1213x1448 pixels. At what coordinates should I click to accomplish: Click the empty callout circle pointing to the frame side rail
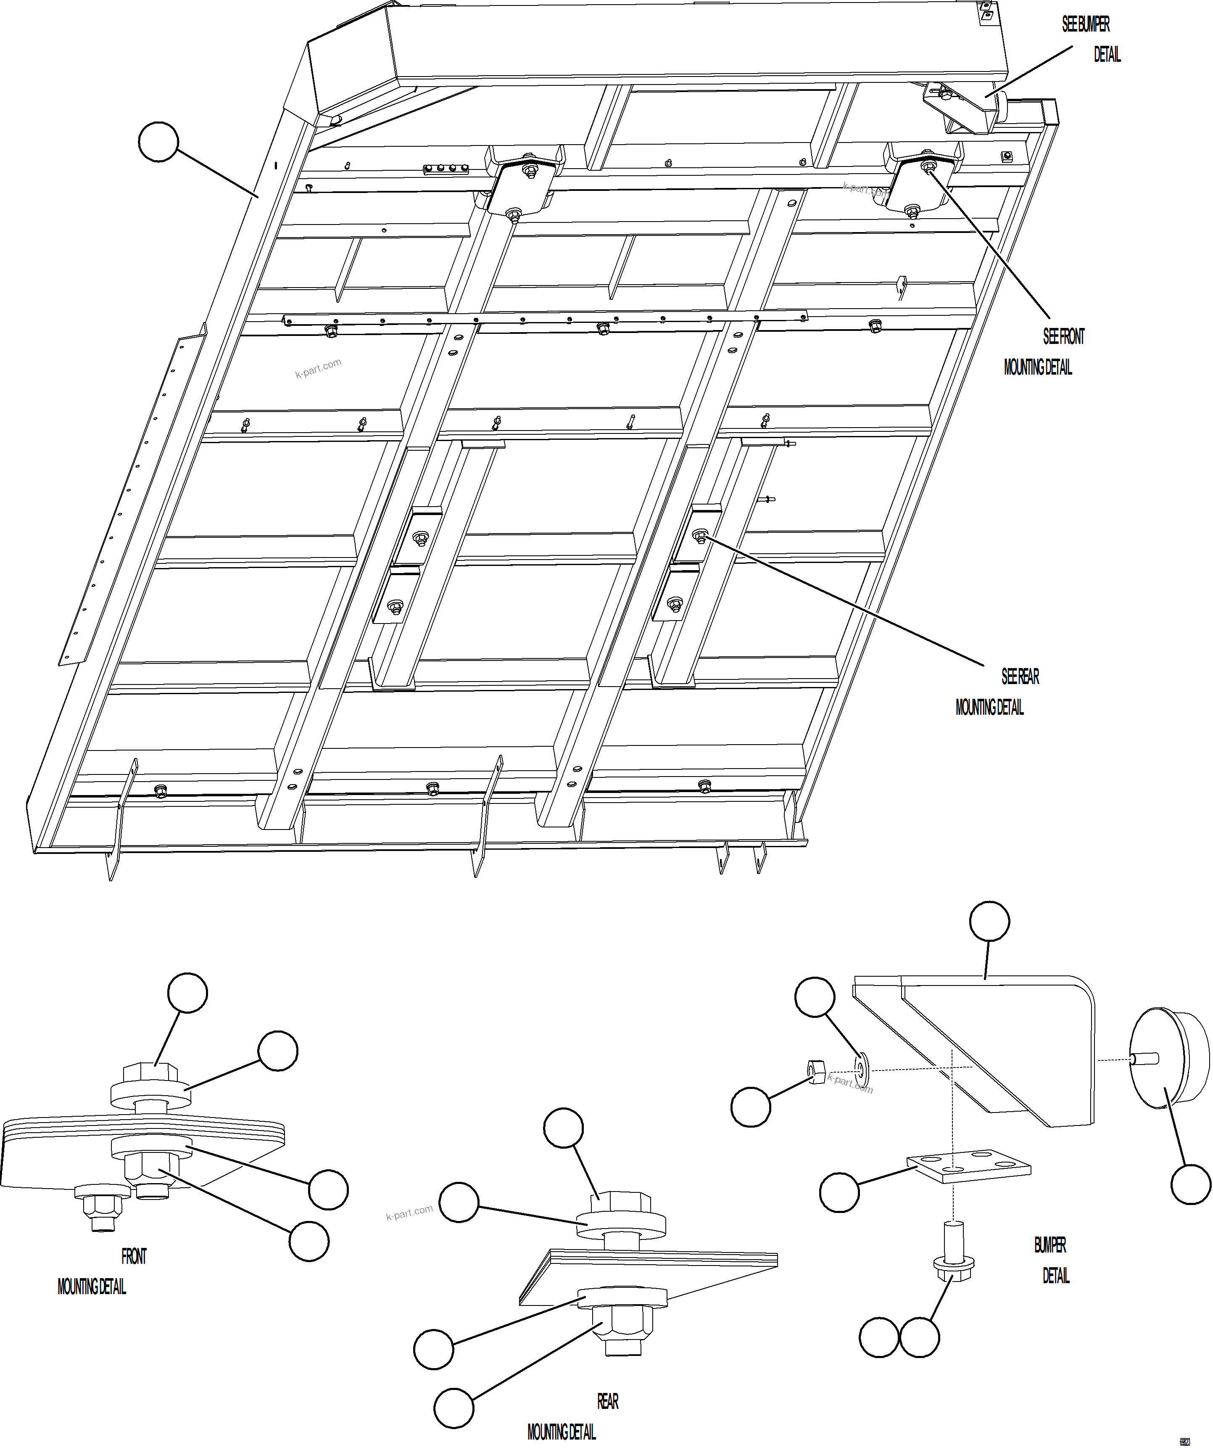tap(158, 142)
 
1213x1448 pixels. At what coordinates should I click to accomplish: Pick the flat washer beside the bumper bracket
tap(862, 1068)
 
